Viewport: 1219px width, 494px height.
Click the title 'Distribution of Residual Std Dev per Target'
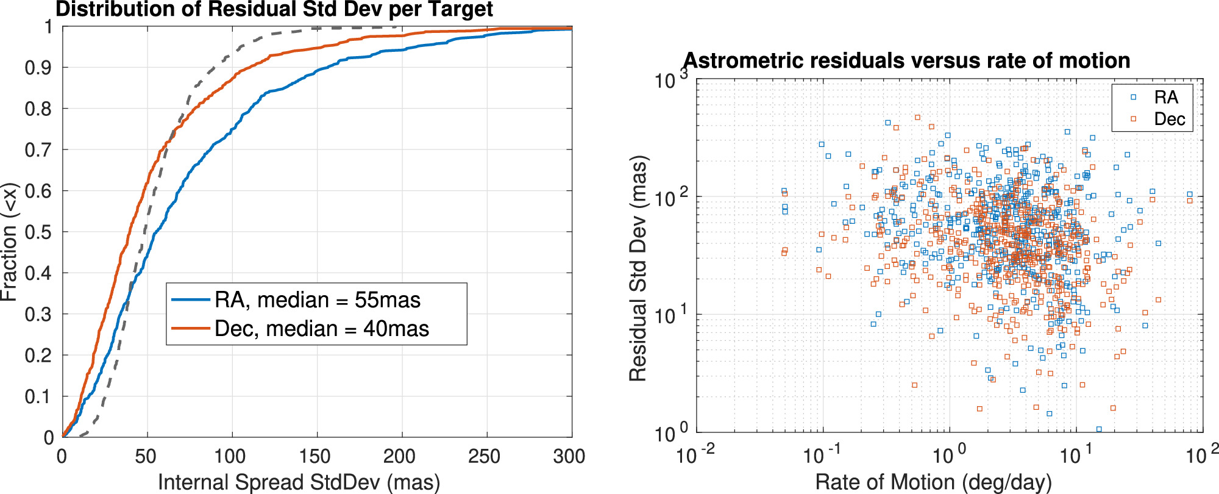pyautogui.click(x=274, y=10)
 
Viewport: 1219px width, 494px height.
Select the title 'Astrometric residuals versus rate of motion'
pyautogui.click(x=907, y=60)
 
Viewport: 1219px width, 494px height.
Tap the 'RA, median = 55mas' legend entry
pyautogui.click(x=317, y=300)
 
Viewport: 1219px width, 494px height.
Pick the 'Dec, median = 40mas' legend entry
pyautogui.click(x=321, y=329)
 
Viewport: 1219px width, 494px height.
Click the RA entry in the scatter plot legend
pyautogui.click(x=1165, y=98)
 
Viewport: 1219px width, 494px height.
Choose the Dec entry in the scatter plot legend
pyautogui.click(x=1169, y=119)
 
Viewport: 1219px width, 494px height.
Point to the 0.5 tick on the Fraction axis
pyautogui.click(x=39, y=232)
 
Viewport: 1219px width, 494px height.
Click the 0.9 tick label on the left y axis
pyautogui.click(x=39, y=68)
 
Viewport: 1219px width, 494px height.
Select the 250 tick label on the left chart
pyautogui.click(x=485, y=456)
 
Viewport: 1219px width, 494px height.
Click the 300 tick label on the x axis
pyautogui.click(x=569, y=456)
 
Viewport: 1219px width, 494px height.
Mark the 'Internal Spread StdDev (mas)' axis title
pyautogui.click(x=299, y=482)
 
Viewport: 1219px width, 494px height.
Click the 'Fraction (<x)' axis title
pyautogui.click(x=10, y=242)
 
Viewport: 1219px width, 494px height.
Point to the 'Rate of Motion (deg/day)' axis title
pyautogui.click(x=933, y=482)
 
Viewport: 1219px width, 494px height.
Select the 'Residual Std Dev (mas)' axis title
pyautogui.click(x=638, y=269)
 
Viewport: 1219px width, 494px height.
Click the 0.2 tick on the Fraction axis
pyautogui.click(x=39, y=356)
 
